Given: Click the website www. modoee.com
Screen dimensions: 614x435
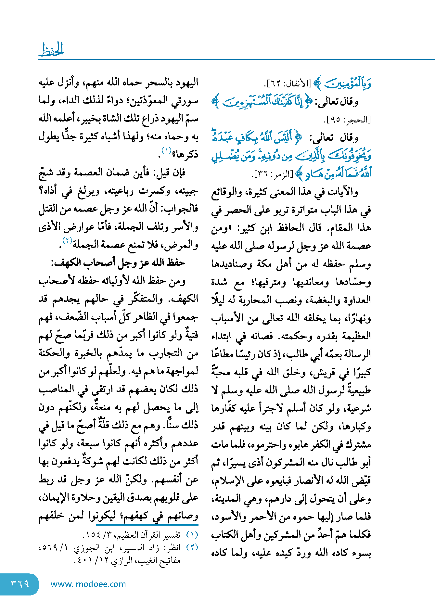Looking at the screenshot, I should pos(88,584).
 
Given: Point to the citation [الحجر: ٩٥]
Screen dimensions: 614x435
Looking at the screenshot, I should pos(347,120).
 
